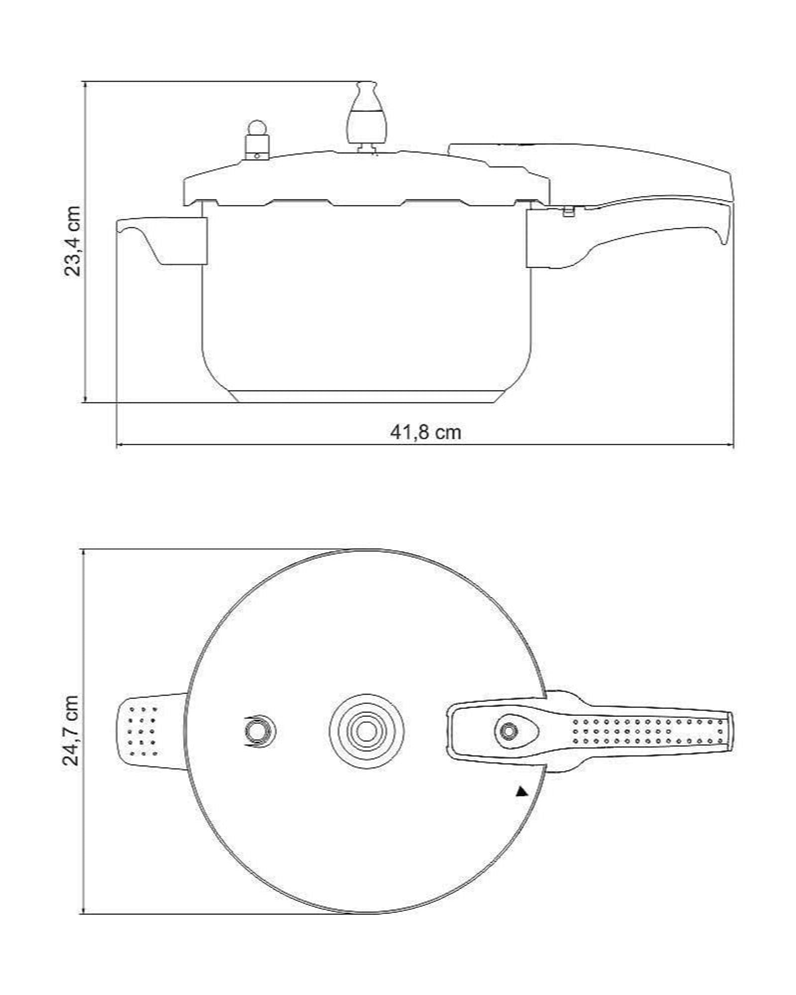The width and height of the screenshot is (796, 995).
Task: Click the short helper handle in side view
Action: click(x=161, y=240)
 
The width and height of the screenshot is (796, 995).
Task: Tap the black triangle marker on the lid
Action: click(x=521, y=792)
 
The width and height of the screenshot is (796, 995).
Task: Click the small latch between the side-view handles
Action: click(x=568, y=211)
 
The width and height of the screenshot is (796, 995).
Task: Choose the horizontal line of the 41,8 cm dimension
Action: click(x=425, y=445)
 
